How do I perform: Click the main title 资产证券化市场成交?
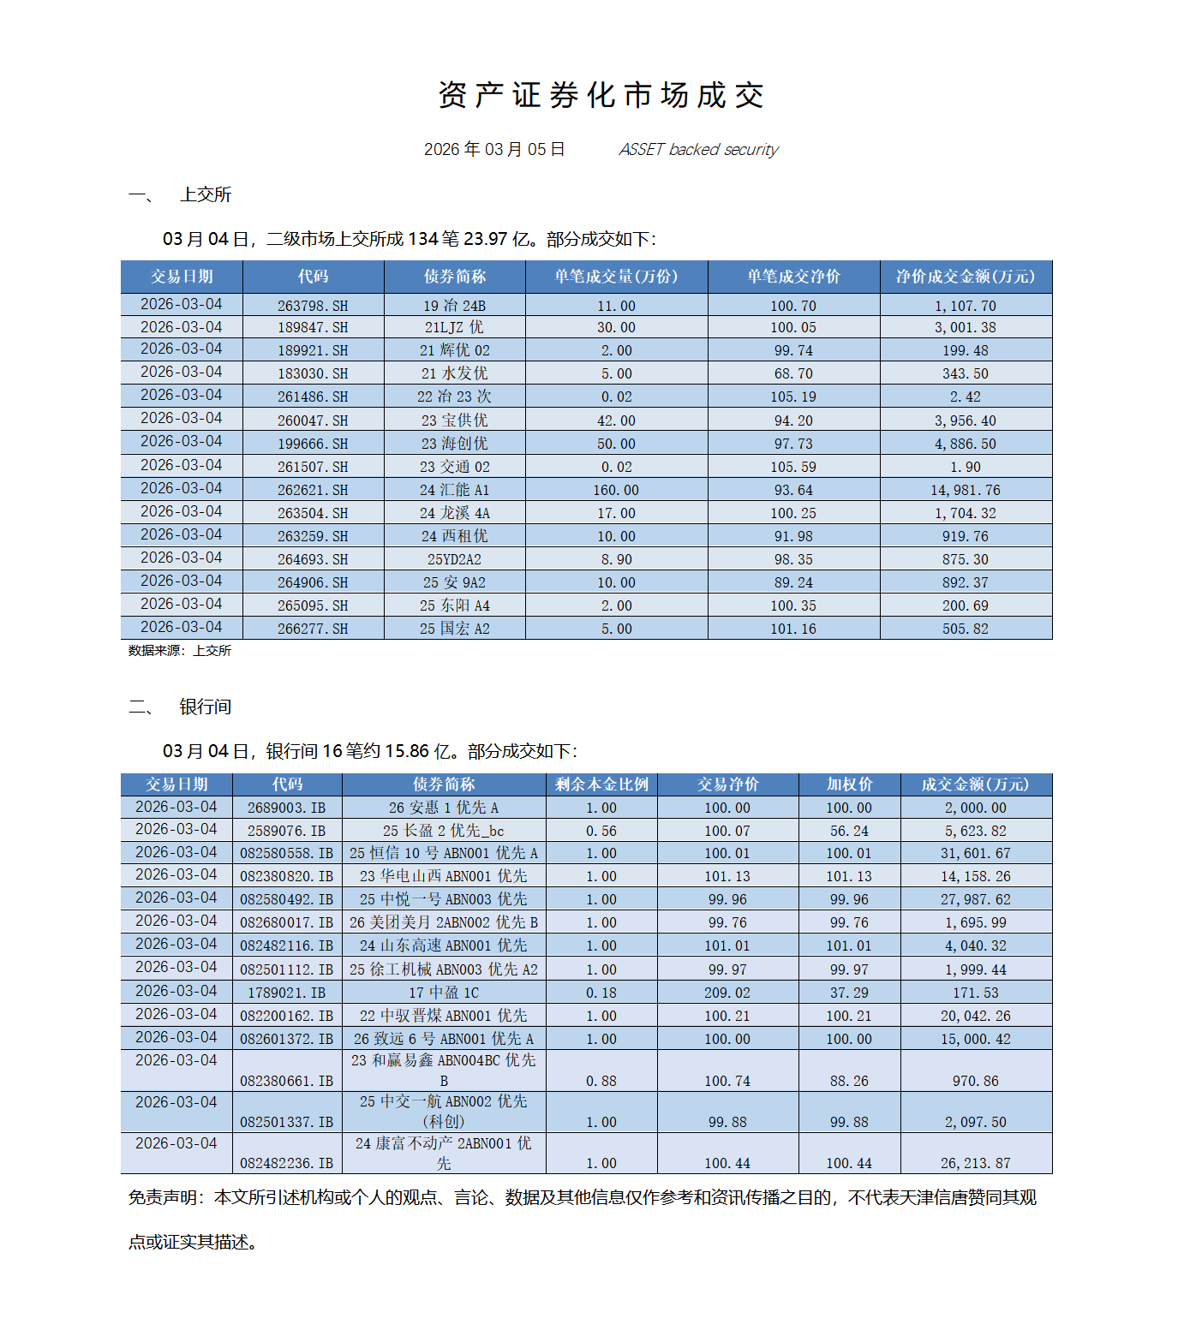click(601, 95)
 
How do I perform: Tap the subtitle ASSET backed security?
click(698, 150)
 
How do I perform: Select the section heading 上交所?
click(206, 194)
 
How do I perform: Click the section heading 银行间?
click(206, 707)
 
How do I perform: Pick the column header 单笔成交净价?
click(793, 277)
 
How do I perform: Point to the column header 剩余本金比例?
click(601, 784)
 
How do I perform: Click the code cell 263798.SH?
click(313, 306)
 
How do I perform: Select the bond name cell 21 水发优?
click(454, 373)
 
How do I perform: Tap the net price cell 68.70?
click(793, 373)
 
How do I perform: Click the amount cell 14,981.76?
click(966, 490)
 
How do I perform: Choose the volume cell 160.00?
click(616, 490)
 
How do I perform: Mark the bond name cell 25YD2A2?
click(454, 559)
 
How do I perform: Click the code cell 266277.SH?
click(313, 629)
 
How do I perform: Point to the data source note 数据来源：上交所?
click(180, 651)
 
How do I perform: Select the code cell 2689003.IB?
click(286, 808)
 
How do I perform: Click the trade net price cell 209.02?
click(727, 993)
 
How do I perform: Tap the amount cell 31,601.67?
click(976, 854)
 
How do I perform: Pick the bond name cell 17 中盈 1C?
click(444, 993)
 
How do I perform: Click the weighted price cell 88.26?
click(849, 1081)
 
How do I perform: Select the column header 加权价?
click(849, 784)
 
